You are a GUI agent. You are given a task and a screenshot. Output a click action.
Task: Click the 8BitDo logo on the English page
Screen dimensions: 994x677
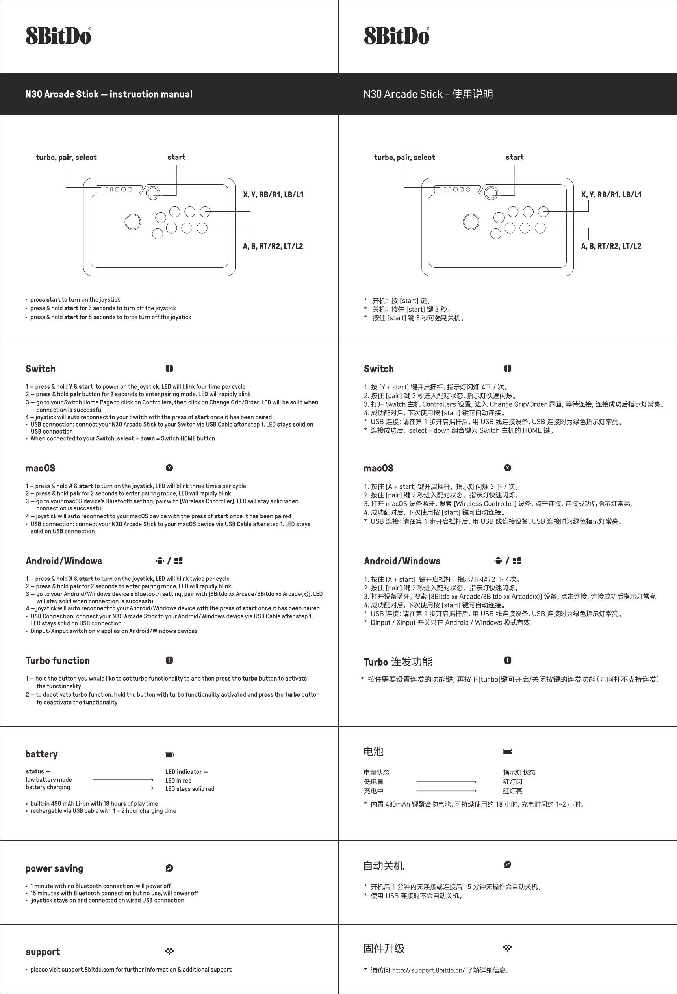click(x=58, y=36)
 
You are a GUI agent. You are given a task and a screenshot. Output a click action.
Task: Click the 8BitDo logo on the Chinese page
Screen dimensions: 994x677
click(x=397, y=36)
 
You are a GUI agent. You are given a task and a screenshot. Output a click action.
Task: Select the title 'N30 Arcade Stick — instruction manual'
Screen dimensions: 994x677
click(x=109, y=94)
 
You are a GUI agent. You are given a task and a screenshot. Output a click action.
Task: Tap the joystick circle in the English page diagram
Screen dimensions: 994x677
click(x=133, y=222)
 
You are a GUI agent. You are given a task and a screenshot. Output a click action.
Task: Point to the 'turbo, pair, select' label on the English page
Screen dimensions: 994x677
click(x=66, y=158)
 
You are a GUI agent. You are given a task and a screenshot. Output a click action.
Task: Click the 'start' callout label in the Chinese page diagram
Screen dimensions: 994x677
click(x=514, y=158)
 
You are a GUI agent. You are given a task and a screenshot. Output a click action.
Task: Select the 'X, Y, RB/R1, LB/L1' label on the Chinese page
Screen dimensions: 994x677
click(x=611, y=195)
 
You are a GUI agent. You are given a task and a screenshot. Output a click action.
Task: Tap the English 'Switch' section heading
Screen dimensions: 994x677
click(x=41, y=369)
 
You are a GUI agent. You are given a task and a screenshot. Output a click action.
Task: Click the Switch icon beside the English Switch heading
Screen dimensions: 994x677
click(x=169, y=369)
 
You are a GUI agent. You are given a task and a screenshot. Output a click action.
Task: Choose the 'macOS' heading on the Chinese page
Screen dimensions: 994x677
click(x=378, y=468)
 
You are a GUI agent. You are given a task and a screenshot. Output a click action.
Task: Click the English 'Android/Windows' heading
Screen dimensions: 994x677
click(x=64, y=561)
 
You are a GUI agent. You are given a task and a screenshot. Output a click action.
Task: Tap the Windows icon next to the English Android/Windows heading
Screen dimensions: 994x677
click(x=178, y=561)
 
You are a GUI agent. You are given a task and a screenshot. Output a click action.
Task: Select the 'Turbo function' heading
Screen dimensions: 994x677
click(x=58, y=661)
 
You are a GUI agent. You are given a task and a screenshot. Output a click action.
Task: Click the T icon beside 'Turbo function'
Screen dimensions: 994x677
click(x=169, y=660)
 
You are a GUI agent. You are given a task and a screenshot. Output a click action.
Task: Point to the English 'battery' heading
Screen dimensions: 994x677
click(x=41, y=754)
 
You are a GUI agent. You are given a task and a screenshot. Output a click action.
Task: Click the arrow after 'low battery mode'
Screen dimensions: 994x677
click(x=123, y=780)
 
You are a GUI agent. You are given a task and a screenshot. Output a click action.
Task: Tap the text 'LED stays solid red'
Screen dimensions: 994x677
click(x=190, y=789)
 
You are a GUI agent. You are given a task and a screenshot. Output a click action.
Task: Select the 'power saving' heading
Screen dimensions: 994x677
click(x=54, y=868)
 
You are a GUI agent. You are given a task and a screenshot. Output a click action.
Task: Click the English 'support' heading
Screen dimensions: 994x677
click(x=43, y=951)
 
